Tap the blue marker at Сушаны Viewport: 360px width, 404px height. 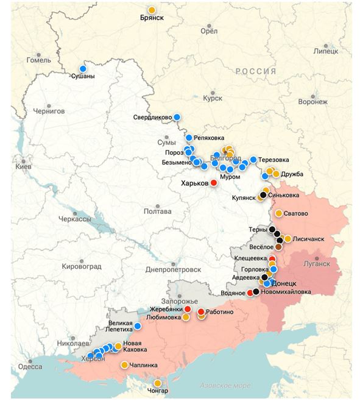point(83,68)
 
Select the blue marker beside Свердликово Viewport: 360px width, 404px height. point(177,117)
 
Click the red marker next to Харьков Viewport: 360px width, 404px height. point(214,182)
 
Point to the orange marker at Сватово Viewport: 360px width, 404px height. point(278,213)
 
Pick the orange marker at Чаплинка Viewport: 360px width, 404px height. point(124,365)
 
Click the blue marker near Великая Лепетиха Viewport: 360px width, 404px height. point(138,326)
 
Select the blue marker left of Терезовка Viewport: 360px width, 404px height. point(253,160)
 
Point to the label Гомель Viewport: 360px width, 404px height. point(39,60)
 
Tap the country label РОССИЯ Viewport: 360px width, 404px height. point(256,71)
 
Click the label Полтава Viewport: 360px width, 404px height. point(157,211)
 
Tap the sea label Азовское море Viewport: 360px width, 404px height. point(225,386)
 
